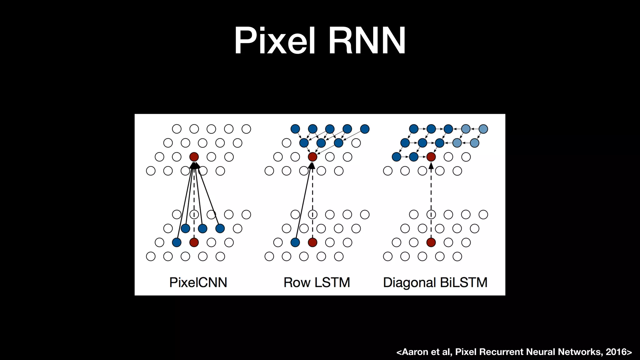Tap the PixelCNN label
coord(198,282)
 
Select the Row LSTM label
coord(317,282)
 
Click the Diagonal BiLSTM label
coord(435,282)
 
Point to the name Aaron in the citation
coord(415,352)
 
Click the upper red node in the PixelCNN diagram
coord(194,157)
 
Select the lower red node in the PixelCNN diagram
coord(194,242)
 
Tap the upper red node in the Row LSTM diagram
coord(312,157)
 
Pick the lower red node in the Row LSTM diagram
coord(312,242)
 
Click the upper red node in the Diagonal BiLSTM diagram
coord(431,157)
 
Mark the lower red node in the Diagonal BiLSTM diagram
coord(431,242)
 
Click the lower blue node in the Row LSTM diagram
coord(295,242)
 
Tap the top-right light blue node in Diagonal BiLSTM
coord(483,129)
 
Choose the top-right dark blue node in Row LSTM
coord(365,129)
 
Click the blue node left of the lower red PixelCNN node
coord(177,242)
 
